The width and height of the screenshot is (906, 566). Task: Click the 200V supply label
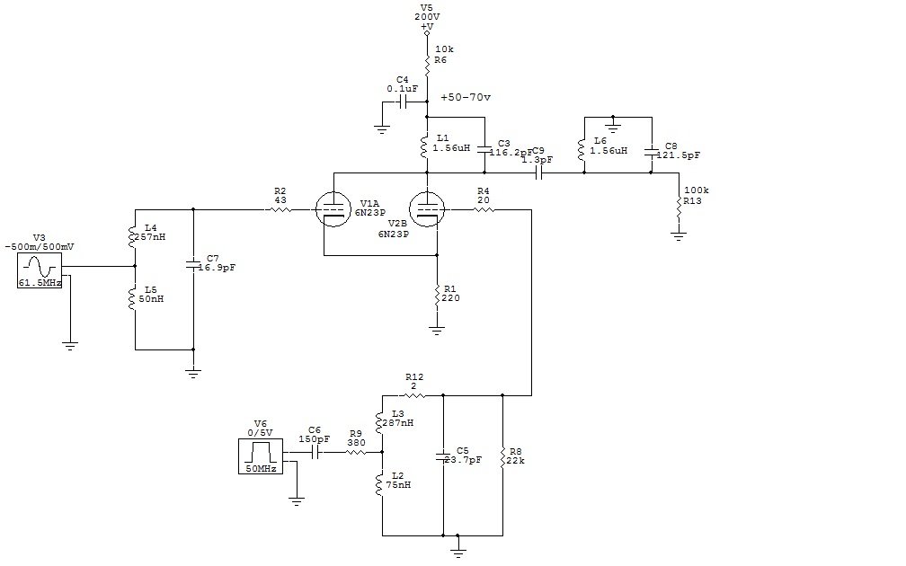click(x=426, y=17)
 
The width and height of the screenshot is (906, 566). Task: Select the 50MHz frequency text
click(x=261, y=468)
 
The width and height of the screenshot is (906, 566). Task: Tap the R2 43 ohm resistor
click(x=280, y=209)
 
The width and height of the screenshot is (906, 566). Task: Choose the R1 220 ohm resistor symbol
click(x=437, y=294)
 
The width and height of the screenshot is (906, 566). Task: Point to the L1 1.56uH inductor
click(x=426, y=145)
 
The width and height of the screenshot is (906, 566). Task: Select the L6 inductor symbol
click(x=582, y=149)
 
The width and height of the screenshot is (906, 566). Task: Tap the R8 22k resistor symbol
click(x=502, y=456)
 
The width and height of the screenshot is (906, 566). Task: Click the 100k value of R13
click(x=696, y=191)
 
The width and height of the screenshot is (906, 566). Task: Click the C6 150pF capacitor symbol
click(x=315, y=453)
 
